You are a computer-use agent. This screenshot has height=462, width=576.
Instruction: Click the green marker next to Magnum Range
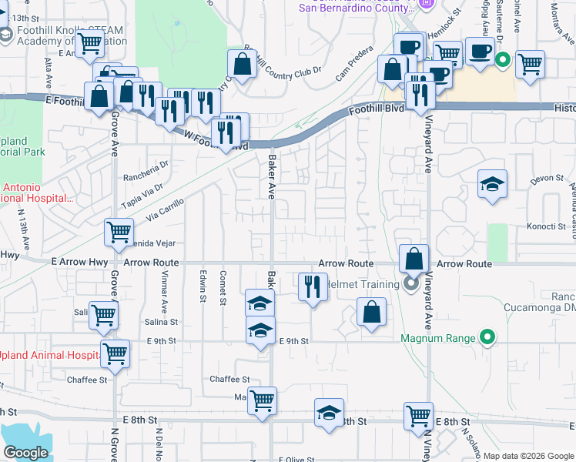click(x=487, y=337)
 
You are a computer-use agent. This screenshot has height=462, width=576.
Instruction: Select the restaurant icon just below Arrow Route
click(x=313, y=288)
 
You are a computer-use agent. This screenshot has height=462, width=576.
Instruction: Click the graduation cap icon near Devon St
click(x=492, y=185)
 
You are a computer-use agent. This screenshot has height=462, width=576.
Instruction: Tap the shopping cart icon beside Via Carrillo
click(x=119, y=232)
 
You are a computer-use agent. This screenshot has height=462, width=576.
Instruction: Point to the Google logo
click(x=25, y=453)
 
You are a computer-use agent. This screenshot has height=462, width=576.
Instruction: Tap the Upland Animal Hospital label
click(x=49, y=356)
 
